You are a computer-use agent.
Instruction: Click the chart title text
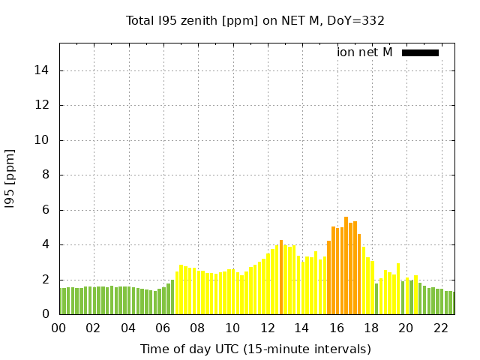click(255, 20)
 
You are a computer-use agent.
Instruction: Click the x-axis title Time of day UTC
click(255, 349)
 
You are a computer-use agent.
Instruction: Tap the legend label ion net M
click(364, 52)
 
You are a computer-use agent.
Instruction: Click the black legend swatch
click(420, 52)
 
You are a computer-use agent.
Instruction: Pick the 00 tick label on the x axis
click(59, 328)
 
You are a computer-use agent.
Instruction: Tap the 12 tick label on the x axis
click(268, 328)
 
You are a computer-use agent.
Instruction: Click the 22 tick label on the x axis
click(441, 328)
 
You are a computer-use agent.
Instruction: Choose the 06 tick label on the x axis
click(163, 328)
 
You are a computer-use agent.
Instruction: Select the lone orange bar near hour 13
click(281, 277)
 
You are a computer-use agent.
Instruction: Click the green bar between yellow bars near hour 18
click(376, 299)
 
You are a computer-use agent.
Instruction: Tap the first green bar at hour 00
click(61, 301)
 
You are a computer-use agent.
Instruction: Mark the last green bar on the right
click(451, 303)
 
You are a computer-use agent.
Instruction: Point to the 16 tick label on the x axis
click(337, 328)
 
